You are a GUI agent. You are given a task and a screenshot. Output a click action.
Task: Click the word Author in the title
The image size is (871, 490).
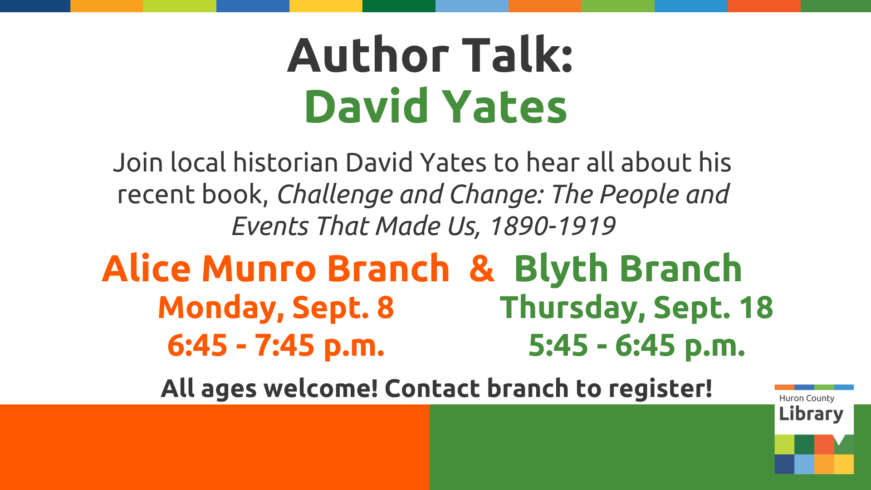pyautogui.click(x=368, y=55)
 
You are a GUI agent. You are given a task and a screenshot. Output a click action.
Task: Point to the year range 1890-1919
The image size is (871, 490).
pyautogui.click(x=553, y=226)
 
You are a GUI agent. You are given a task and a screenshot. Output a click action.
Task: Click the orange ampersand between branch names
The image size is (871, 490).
pyautogui.click(x=482, y=268)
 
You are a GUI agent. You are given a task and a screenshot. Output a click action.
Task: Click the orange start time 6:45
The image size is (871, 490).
pyautogui.click(x=197, y=346)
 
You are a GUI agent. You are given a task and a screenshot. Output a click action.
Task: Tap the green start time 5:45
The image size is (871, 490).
pyautogui.click(x=558, y=346)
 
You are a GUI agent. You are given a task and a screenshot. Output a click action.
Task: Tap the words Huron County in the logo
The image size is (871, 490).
pyautogui.click(x=807, y=398)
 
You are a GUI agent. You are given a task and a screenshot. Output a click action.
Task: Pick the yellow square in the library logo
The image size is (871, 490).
pyautogui.click(x=844, y=464)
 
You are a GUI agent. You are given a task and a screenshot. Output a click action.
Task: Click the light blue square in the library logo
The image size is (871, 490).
pyautogui.click(x=804, y=464)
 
